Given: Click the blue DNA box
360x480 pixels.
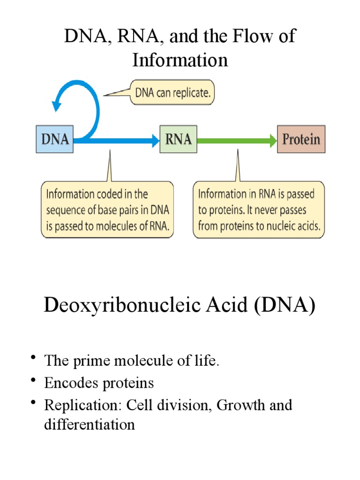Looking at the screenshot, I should [x=55, y=139].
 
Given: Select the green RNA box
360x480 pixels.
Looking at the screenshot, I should [x=179, y=139].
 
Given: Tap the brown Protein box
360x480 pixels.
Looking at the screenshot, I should [x=301, y=139].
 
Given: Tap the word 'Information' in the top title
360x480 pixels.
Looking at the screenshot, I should [x=180, y=60].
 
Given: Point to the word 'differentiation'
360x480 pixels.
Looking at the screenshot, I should [x=89, y=425].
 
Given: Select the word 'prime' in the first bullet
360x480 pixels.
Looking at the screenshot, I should [x=88, y=361].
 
